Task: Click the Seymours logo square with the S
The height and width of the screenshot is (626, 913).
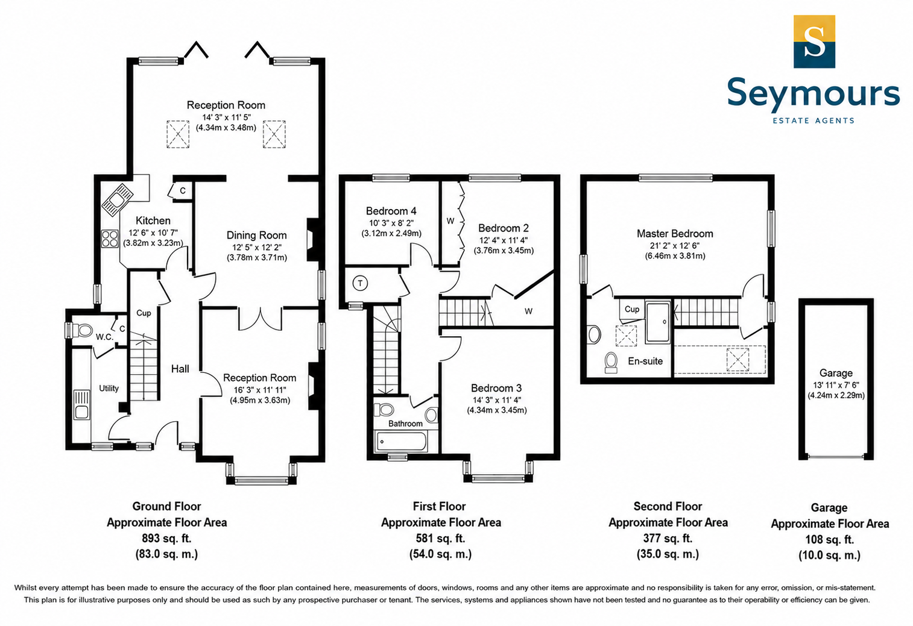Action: (814, 42)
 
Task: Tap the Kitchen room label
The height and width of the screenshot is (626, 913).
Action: (153, 221)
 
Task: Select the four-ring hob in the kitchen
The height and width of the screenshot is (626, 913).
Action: (110, 239)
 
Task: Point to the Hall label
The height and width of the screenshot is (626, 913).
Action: (180, 369)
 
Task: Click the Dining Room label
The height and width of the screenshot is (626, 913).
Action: (256, 236)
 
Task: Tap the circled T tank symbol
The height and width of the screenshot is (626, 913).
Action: (360, 283)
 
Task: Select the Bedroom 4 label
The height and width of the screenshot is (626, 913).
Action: (391, 211)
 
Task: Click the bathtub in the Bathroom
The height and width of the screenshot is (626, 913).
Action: (402, 441)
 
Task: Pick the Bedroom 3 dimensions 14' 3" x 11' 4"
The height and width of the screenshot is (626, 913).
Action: (496, 400)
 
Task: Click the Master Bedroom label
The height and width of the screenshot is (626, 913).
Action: (675, 234)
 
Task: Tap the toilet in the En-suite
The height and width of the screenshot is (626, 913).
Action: (610, 362)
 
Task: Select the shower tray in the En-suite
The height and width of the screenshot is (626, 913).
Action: (657, 322)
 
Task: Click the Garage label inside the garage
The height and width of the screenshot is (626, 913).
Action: (836, 374)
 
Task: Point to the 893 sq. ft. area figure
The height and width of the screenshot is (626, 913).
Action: (166, 539)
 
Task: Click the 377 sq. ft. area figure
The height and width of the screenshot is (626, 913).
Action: (668, 539)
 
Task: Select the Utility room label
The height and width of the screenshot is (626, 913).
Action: (109, 389)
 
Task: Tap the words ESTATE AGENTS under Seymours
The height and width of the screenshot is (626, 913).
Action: (813, 121)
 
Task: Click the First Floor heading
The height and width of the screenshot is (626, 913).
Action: (439, 507)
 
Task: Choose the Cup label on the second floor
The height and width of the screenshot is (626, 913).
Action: (632, 309)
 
